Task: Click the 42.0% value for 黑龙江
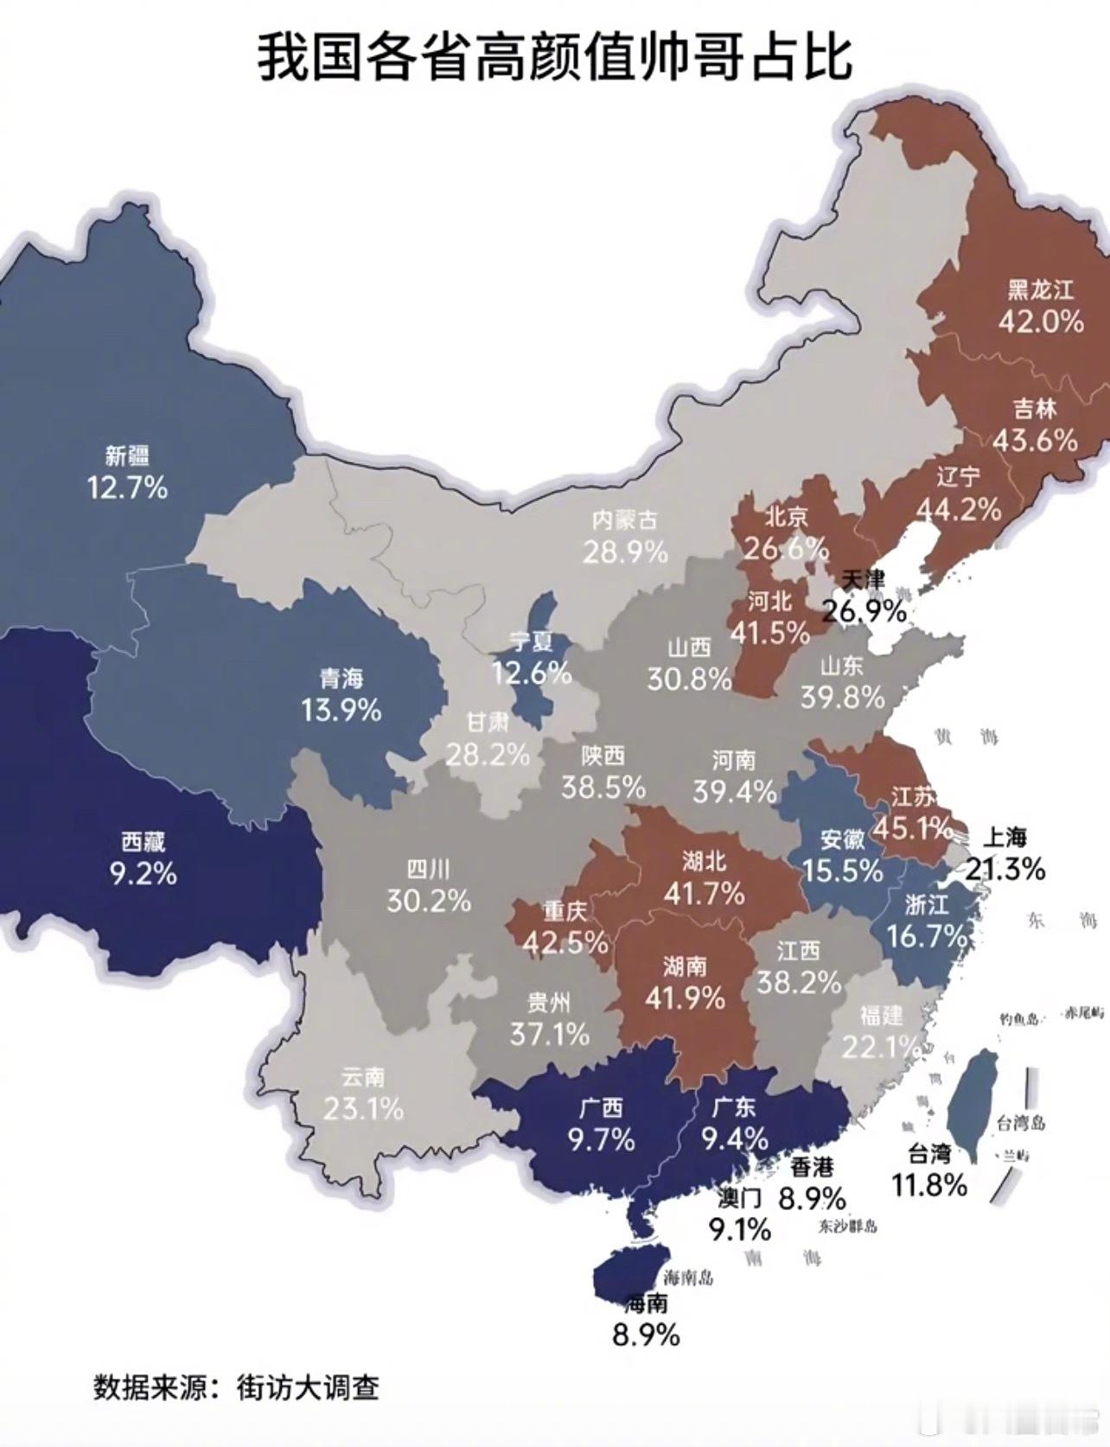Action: click(1041, 322)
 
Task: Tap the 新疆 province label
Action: click(127, 456)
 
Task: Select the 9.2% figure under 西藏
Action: click(143, 873)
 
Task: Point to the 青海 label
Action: click(341, 679)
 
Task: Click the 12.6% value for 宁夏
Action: click(532, 672)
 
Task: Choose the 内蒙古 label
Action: click(624, 520)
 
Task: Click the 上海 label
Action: click(1005, 837)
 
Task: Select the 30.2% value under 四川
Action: click(428, 901)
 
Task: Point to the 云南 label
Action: click(363, 1077)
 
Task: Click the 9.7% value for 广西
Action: click(602, 1139)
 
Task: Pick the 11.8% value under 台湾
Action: click(929, 1184)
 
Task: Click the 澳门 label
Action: click(740, 1198)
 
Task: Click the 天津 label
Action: click(863, 579)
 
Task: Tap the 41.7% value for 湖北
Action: click(704, 893)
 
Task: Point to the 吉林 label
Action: click(1035, 409)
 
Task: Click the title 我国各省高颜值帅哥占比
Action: click(555, 59)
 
